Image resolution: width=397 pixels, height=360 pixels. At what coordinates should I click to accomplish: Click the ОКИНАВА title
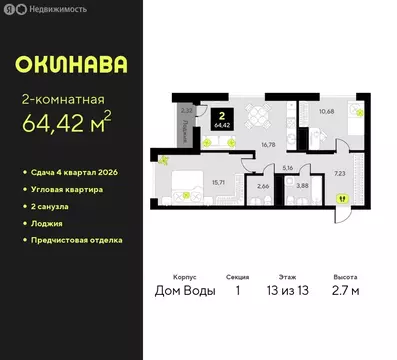[71, 65]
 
